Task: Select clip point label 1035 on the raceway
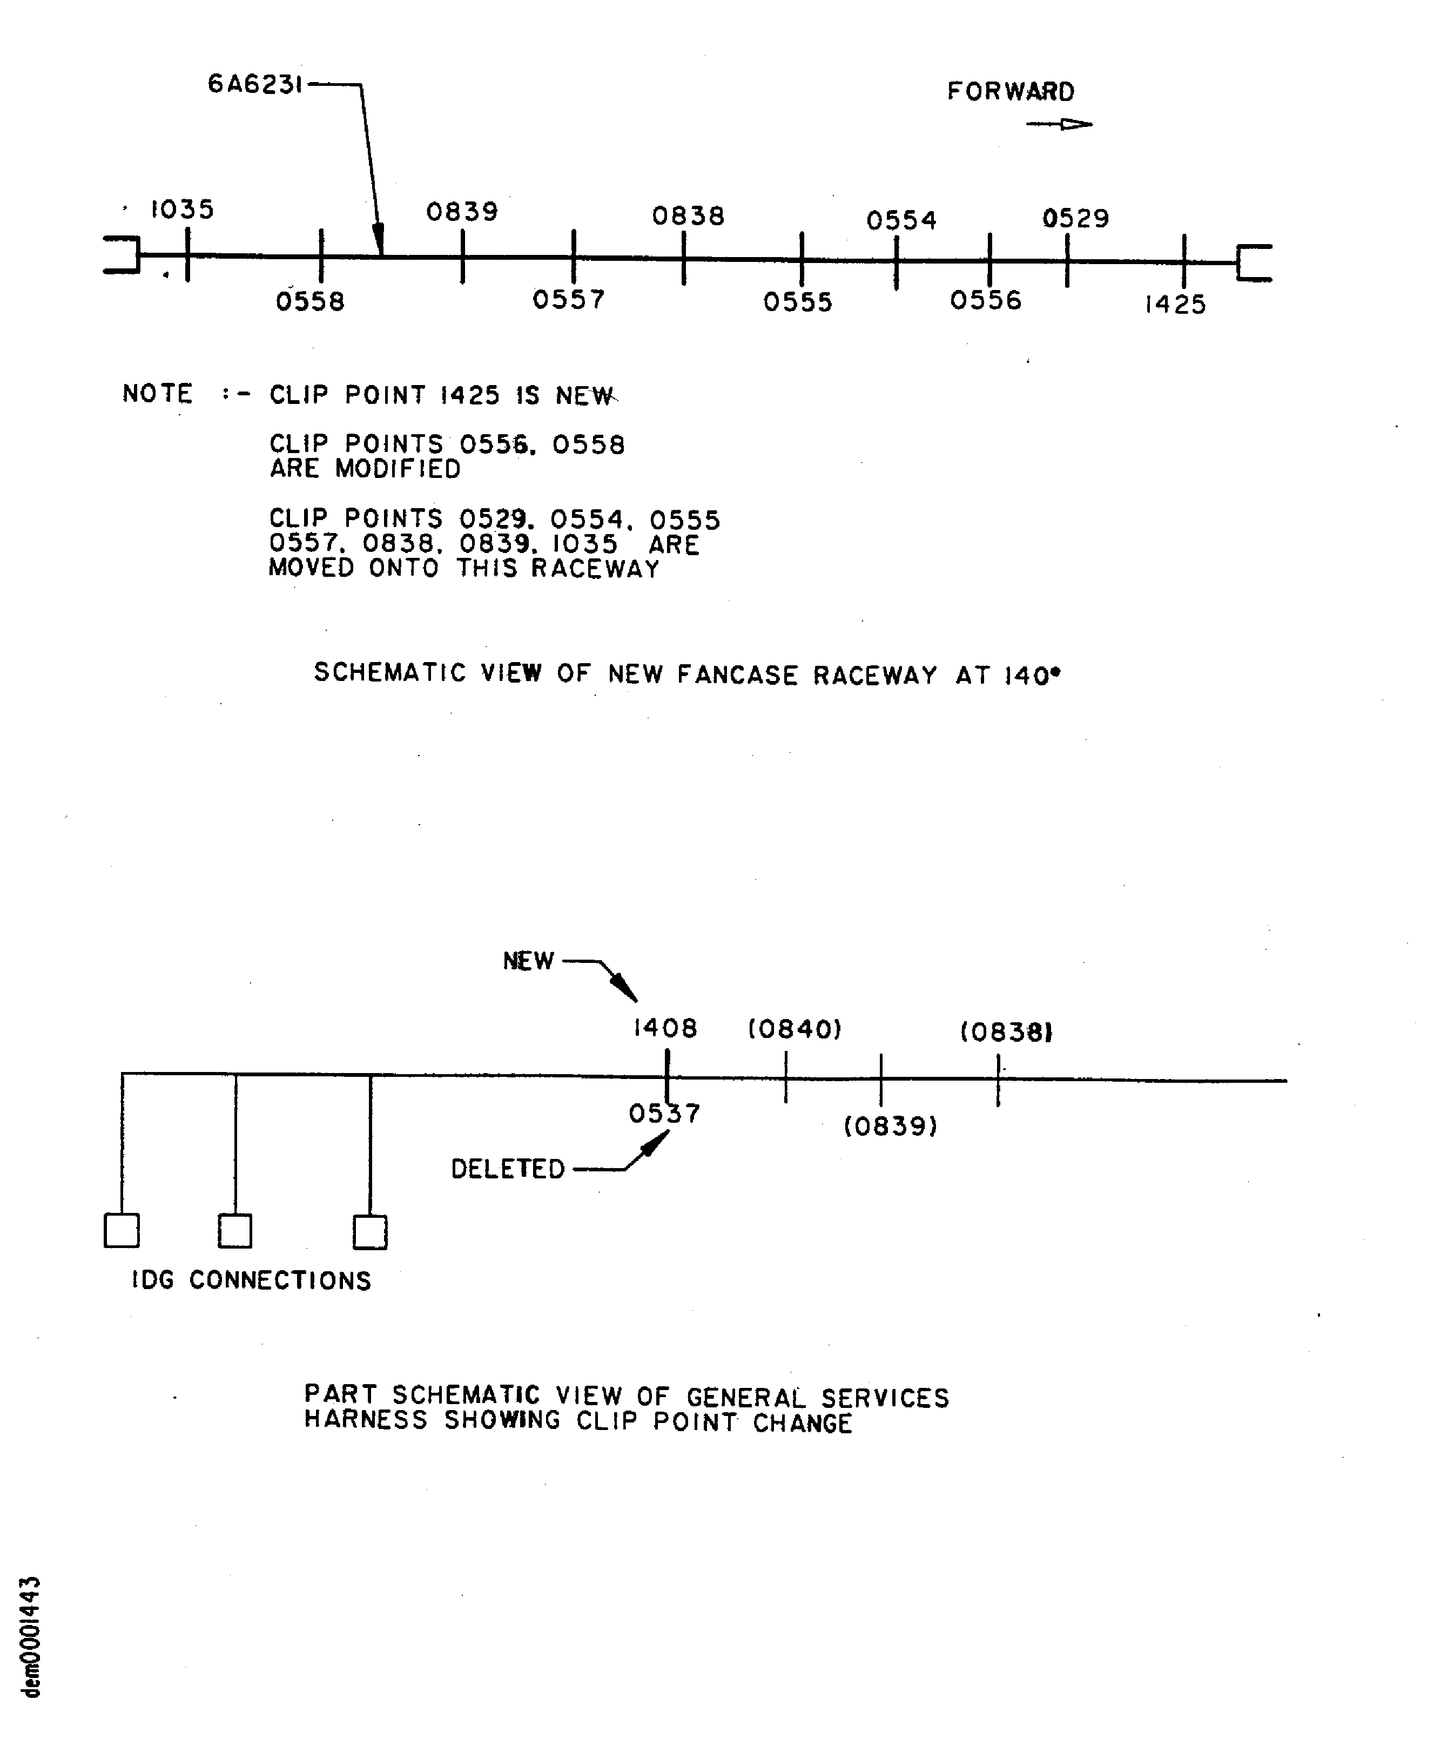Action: pos(181,210)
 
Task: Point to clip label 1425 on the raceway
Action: pos(1175,305)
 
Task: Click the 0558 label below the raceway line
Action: pos(310,301)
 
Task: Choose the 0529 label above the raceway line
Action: pos(1075,219)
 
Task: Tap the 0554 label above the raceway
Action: pos(901,220)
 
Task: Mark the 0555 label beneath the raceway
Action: pos(797,302)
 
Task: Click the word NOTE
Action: pos(157,393)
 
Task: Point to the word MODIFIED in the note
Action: pos(398,469)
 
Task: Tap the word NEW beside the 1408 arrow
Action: pos(528,961)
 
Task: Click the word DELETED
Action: pos(507,1169)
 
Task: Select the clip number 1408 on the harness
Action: pos(665,1028)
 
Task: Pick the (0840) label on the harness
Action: pos(795,1029)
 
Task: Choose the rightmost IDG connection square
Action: pos(369,1232)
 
